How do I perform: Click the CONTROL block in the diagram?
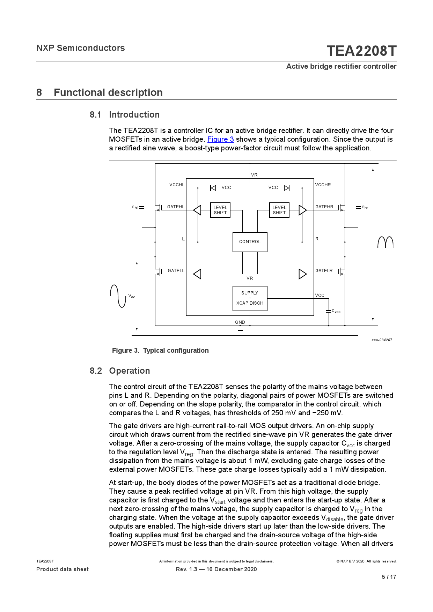(x=250, y=242)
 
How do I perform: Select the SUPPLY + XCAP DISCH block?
(x=250, y=298)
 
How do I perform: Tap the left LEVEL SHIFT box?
(x=220, y=210)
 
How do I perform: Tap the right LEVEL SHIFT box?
(x=279, y=210)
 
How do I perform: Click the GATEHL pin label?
(x=176, y=207)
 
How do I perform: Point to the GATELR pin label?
(x=324, y=271)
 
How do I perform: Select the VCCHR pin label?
(x=323, y=185)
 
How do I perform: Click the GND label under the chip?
(x=240, y=322)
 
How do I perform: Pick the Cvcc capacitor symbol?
(x=328, y=311)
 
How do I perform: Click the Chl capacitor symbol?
(x=142, y=208)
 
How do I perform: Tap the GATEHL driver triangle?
(x=197, y=210)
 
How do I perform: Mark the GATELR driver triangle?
(x=302, y=274)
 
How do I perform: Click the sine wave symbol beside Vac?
(x=118, y=296)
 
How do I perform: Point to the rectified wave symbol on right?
(x=385, y=242)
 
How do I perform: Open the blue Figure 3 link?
(x=220, y=139)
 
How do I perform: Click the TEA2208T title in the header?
(x=361, y=51)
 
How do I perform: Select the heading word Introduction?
(x=134, y=115)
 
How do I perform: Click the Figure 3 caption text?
(x=160, y=350)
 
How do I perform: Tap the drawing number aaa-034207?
(x=382, y=340)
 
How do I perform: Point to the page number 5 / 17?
(x=389, y=577)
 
